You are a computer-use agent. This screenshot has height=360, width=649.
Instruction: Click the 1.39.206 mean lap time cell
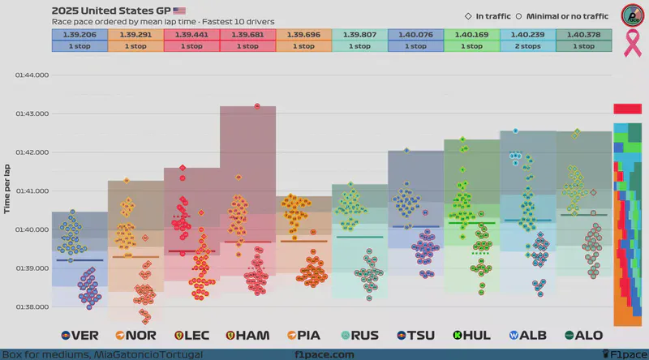[x=80, y=35]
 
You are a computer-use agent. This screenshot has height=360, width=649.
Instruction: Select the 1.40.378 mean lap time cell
[x=583, y=35]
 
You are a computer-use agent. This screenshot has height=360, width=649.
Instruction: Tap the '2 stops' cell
[x=527, y=46]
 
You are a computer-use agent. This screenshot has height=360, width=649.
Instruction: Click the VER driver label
[x=80, y=335]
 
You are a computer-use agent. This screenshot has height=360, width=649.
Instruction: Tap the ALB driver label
[x=527, y=335]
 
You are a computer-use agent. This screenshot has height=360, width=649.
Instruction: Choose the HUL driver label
[x=471, y=335]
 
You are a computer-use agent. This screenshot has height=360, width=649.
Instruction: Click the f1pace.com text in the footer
[x=324, y=354]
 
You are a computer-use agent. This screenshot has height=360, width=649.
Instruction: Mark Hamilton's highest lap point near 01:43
[x=257, y=106]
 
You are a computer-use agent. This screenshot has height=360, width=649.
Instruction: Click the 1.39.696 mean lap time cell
[x=303, y=35]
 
